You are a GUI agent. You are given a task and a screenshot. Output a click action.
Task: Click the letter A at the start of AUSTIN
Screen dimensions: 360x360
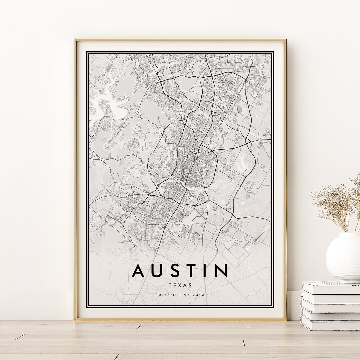pyautogui.click(x=139, y=271)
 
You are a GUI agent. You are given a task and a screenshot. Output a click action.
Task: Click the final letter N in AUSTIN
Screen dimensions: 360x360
pyautogui.click(x=221, y=271)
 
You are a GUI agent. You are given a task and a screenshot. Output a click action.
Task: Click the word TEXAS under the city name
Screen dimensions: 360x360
pyautogui.click(x=180, y=285)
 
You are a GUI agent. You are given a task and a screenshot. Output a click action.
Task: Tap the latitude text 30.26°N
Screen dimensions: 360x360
pyautogui.click(x=166, y=295)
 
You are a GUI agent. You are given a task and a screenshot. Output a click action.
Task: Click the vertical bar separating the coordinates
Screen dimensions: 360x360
pyautogui.click(x=180, y=295)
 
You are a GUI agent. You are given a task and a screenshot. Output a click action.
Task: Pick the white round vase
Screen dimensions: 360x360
pyautogui.click(x=343, y=257)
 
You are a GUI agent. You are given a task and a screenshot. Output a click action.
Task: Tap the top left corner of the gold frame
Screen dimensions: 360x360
pyautogui.click(x=75, y=40)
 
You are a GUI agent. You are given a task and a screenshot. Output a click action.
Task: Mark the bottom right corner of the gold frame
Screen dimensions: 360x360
pyautogui.click(x=286, y=320)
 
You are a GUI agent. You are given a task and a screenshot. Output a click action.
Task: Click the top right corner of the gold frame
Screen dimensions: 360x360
pyautogui.click(x=286, y=40)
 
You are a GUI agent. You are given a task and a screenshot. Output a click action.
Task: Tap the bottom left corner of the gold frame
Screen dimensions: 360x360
pyautogui.click(x=75, y=320)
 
